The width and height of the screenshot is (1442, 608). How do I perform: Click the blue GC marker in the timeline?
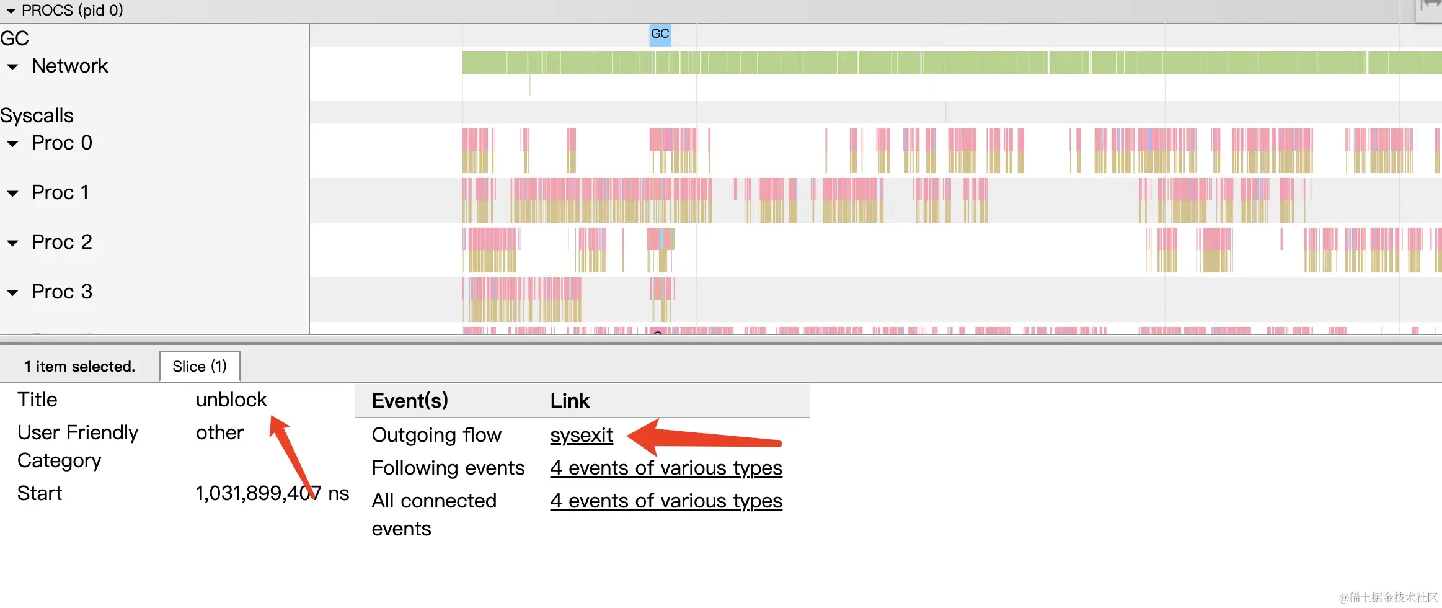coord(660,34)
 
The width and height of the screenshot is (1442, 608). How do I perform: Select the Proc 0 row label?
coord(61,143)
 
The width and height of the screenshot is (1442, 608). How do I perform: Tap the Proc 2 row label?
coord(61,242)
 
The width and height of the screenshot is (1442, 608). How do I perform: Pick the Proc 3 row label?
coord(61,292)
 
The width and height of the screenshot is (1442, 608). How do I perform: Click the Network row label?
coord(69,66)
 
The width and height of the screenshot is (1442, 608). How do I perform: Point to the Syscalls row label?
coord(37,115)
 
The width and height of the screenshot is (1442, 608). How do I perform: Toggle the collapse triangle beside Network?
coord(12,66)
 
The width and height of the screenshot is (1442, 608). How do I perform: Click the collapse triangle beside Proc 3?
coord(12,292)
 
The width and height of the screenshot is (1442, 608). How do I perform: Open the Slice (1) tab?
coord(199,367)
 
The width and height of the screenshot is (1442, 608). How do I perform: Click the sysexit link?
coord(581,435)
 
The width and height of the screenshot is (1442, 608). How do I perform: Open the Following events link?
coord(666,468)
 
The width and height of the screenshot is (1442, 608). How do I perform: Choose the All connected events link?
coord(666,501)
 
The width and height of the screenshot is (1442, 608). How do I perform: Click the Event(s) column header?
coord(410,401)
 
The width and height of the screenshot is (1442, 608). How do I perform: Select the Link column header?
coord(570,401)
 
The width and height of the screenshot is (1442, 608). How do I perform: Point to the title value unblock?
coord(231,400)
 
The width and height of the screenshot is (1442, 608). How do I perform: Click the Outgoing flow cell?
coord(436,435)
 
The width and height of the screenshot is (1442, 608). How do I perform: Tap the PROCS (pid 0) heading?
coord(72,10)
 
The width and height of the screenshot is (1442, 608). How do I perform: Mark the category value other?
coord(219,432)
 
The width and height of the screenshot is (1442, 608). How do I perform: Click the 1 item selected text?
coord(79,367)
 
